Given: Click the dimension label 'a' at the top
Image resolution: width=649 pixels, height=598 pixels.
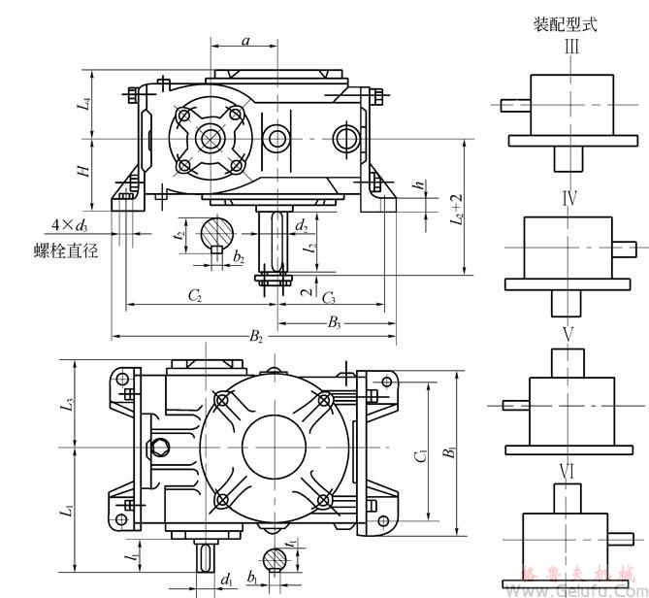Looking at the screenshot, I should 245,41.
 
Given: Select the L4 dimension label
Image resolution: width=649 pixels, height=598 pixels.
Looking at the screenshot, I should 85,102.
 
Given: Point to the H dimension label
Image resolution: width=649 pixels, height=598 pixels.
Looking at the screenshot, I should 85,171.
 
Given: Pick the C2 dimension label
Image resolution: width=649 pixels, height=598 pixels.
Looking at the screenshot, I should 194,295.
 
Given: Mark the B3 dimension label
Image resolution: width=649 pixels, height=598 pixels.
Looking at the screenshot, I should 333,321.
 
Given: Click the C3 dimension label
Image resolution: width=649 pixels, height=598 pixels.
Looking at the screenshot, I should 329,295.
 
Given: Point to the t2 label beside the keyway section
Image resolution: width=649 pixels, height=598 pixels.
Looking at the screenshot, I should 179,234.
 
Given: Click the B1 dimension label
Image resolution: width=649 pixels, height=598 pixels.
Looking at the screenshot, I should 450,452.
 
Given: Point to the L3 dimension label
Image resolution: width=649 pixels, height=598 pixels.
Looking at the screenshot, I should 69,402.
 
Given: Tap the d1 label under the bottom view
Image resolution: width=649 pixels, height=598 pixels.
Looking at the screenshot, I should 226,580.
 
